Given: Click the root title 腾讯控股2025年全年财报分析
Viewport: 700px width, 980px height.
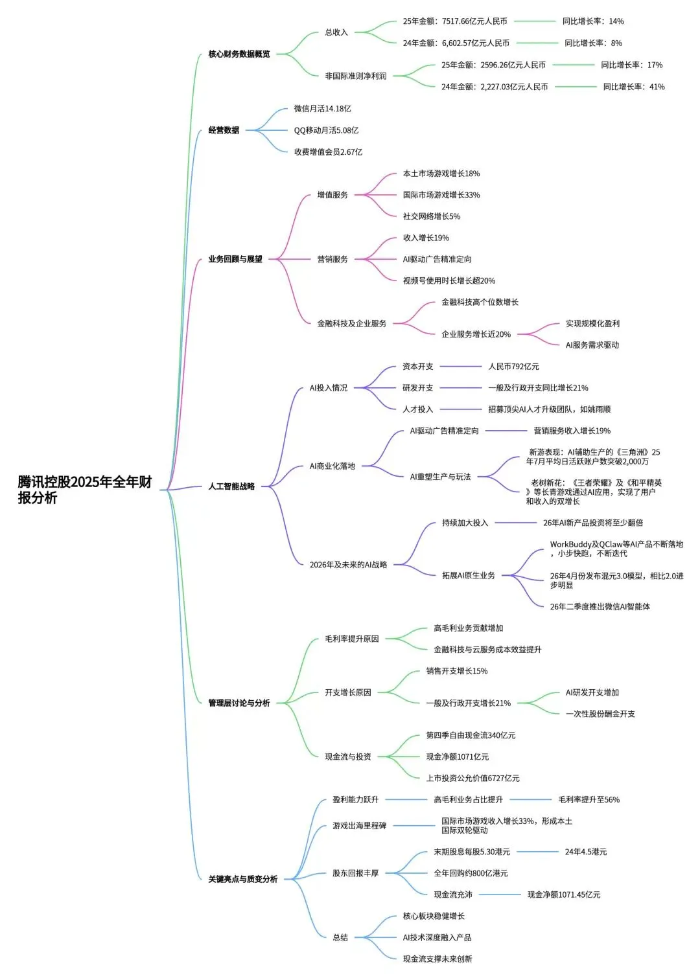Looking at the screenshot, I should coord(85,490).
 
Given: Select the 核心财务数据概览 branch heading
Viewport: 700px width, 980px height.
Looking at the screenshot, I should coord(239,54).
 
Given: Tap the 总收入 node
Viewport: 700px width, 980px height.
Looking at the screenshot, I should coord(336,32).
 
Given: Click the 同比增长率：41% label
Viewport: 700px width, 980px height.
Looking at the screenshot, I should coord(634,87).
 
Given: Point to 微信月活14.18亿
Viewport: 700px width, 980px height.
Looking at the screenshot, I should coord(322,109).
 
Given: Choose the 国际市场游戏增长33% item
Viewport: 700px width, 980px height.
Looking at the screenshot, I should coord(441,195).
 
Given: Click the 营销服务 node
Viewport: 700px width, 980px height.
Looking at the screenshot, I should coord(332,259).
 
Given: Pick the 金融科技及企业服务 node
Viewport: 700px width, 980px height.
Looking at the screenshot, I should coord(351,323).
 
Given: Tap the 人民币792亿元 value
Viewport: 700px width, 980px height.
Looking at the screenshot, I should coord(513,367).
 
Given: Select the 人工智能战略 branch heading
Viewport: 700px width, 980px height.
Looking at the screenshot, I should coord(231,486).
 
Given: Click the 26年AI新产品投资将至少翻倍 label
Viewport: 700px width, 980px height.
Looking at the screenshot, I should coord(593,523).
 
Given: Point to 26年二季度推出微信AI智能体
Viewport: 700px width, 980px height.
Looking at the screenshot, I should coord(600,607).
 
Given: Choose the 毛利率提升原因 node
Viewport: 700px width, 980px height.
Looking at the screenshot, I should coord(351,639).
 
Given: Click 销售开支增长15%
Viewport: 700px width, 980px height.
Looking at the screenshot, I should coord(456,671).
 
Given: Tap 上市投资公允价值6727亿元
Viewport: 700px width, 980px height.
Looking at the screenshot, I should coord(472,778).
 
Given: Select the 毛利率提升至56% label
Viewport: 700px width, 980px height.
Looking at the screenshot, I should coord(589,800).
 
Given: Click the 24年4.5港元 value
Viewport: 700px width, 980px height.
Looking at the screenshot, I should coord(586,852).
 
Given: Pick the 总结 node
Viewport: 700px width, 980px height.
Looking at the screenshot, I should coord(340,937).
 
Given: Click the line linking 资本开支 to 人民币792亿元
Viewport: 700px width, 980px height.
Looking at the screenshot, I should coord(461,367).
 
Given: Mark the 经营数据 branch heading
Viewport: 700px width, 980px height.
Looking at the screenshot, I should coord(224,130).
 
